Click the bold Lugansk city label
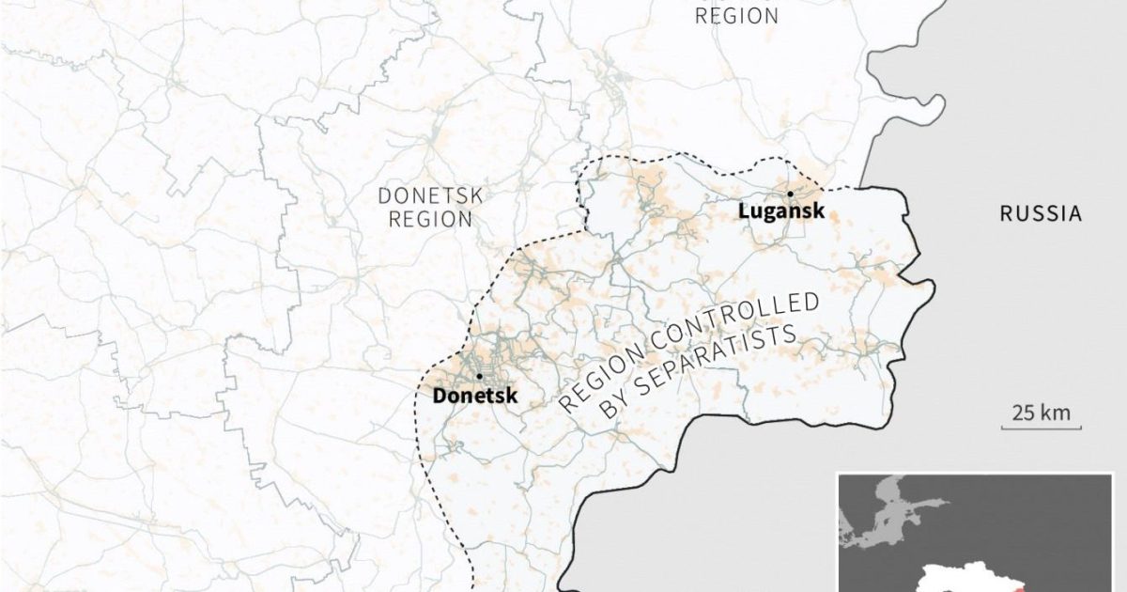point(781,211)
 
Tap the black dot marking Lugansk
point(791,194)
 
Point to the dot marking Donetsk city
point(479,376)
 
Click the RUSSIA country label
point(1040,215)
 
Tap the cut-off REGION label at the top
point(736,15)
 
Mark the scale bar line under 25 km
point(1035,428)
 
